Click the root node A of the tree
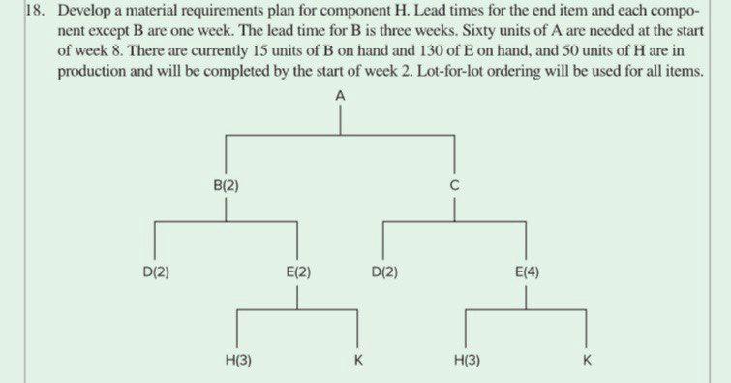[x=342, y=96]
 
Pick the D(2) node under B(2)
[x=156, y=271]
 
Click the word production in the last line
[x=92, y=73]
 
